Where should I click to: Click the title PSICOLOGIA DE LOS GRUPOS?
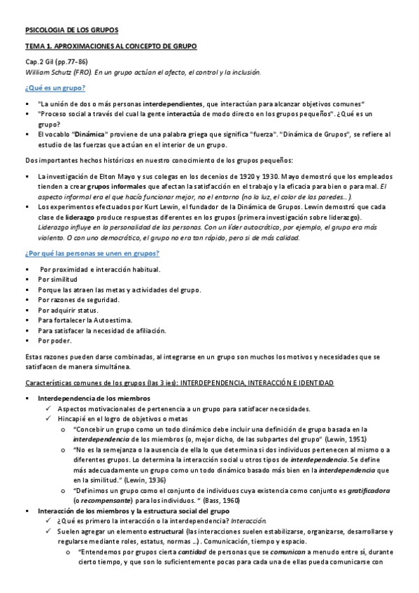click(71, 30)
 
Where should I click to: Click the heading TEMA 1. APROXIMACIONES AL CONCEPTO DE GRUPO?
click(111, 46)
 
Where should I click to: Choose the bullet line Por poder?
click(55, 341)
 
